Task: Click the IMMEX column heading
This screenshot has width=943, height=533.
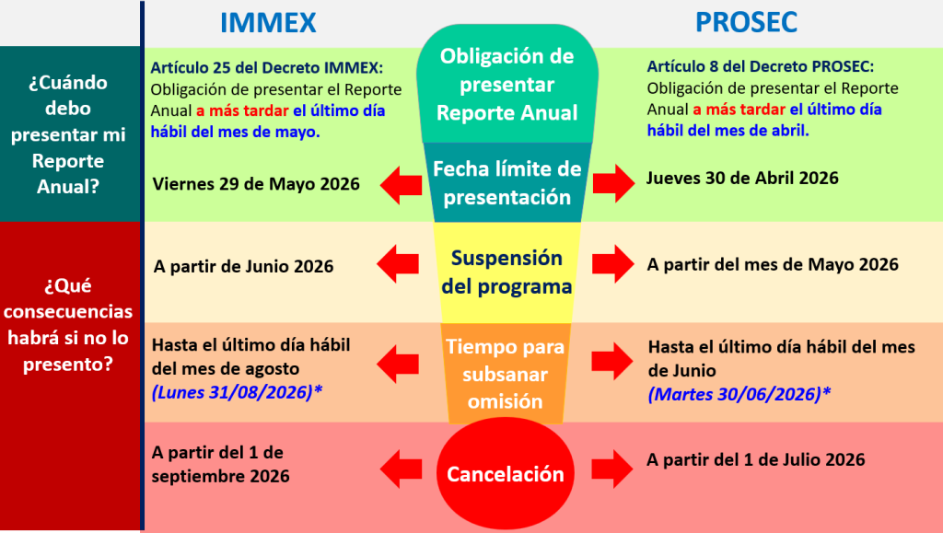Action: (x=268, y=23)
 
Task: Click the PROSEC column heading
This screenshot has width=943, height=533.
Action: (x=746, y=22)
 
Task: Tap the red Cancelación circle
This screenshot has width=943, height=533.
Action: (x=506, y=473)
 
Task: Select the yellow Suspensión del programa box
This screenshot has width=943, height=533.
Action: (x=507, y=272)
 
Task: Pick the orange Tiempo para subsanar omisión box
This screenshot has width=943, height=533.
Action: (x=506, y=373)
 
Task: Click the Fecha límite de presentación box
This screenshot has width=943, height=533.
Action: (x=507, y=182)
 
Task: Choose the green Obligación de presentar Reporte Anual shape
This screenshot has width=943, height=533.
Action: (x=507, y=84)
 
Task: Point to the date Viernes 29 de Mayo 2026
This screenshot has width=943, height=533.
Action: (x=256, y=184)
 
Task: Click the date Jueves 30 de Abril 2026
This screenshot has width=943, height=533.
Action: (x=742, y=178)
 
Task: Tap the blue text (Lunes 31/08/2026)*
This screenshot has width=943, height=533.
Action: (x=237, y=392)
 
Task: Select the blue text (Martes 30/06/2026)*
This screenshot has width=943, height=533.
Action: (x=739, y=394)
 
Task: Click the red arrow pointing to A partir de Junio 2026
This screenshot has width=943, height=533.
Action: (x=398, y=264)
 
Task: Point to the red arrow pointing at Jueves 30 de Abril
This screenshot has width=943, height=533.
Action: (x=613, y=182)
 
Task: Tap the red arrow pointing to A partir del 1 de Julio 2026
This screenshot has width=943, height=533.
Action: (x=612, y=469)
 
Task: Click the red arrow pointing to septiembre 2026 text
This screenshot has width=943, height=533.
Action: (x=402, y=469)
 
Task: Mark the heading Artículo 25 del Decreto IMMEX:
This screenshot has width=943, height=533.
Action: (x=266, y=67)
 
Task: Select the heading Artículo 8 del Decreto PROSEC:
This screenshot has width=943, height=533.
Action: (x=760, y=66)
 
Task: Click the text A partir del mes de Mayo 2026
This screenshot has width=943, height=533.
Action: (x=773, y=264)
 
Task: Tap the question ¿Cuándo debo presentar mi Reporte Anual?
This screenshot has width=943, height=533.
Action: (x=68, y=134)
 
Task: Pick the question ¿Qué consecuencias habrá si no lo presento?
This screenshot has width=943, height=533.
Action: (x=68, y=324)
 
